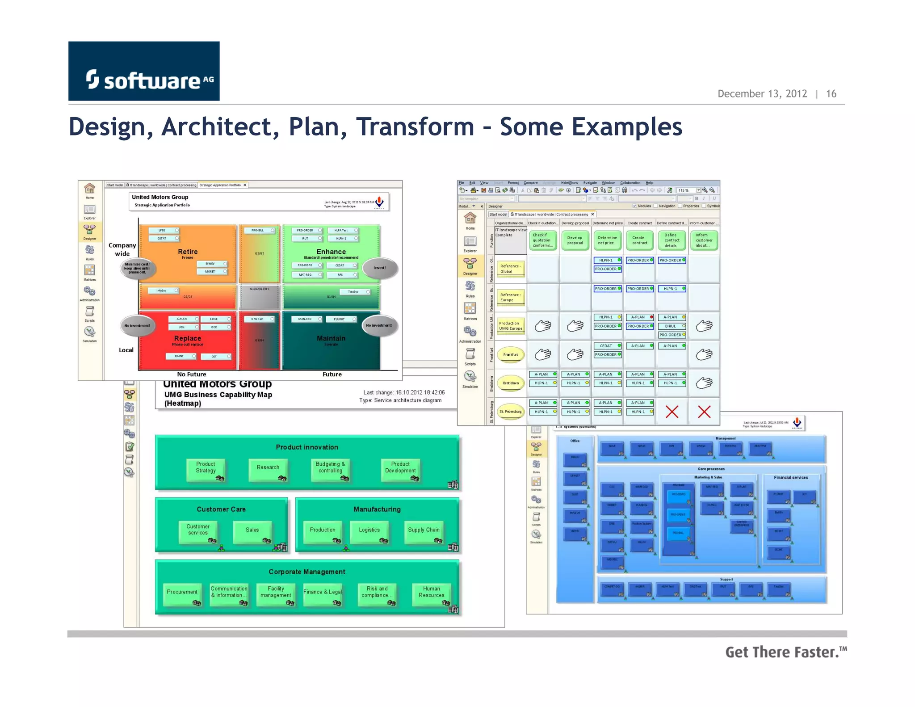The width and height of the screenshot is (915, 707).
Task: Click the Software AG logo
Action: [x=144, y=72]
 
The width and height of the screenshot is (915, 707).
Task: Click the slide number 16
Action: [x=831, y=94]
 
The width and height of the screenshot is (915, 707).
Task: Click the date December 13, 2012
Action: [x=762, y=94]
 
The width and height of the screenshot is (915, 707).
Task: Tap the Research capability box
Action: [x=268, y=468]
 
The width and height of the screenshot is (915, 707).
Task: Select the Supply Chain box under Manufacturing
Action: [x=424, y=530]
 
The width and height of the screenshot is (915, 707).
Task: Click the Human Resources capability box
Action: [x=431, y=593]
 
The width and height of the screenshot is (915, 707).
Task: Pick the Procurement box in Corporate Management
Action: [x=182, y=593]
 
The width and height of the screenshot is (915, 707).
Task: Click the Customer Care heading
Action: [x=221, y=509]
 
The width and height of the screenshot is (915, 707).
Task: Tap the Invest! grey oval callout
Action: [x=380, y=268]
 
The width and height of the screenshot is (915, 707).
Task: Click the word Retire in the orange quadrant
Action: [x=188, y=252]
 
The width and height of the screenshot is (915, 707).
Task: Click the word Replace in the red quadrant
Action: [x=188, y=339]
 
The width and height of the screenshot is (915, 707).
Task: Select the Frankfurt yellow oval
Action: [x=511, y=355]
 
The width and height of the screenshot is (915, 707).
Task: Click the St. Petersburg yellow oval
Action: [x=511, y=412]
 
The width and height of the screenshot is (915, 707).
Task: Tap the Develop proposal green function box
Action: [x=575, y=240]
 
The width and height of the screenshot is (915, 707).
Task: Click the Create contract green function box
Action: [x=639, y=240]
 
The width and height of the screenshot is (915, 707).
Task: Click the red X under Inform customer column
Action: [x=704, y=412]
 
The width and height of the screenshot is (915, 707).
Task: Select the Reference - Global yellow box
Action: [x=511, y=269]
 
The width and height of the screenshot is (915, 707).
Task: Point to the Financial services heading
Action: [x=790, y=478]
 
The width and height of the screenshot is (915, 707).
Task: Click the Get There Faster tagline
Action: [x=785, y=652]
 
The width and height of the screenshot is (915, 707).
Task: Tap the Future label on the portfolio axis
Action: [x=332, y=375]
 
